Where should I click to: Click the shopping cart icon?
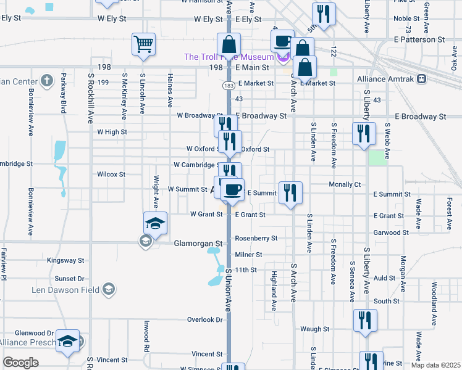[143, 44]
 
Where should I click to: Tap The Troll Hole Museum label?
[229, 57]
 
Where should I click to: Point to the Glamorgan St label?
[197, 243]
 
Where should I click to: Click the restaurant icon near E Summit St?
[290, 192]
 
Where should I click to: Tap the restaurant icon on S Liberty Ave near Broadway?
[363, 133]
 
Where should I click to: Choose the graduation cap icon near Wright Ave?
[155, 223]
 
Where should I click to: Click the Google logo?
[20, 362]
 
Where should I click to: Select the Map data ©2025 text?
[435, 365]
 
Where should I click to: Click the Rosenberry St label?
[256, 238]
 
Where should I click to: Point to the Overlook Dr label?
[205, 320]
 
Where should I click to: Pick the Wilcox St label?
[111, 175]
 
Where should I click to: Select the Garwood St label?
[388, 233]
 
